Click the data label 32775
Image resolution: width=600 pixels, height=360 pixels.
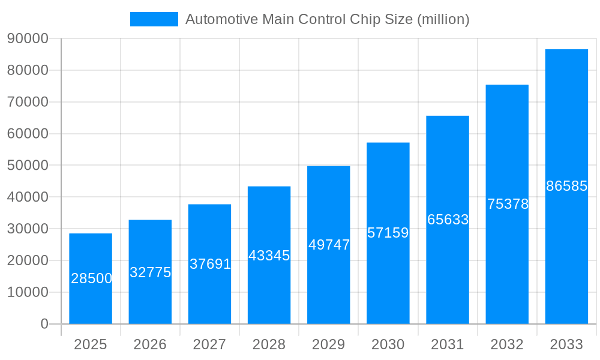coord(151,272)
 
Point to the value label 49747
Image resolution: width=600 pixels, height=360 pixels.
coord(329,245)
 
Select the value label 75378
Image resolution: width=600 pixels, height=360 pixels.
coord(508,204)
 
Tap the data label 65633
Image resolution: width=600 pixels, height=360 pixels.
coord(448,220)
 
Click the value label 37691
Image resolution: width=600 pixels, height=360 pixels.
coord(210,264)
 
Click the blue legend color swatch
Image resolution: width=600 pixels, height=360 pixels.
coord(154,19)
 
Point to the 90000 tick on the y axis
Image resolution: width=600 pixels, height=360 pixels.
coord(28,38)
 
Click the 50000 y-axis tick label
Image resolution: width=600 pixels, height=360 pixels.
coord(28,165)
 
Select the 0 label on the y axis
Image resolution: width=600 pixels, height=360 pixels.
coord(44,324)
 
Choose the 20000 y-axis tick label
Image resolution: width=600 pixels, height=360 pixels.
coord(28,260)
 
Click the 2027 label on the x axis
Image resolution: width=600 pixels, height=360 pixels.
coord(209,344)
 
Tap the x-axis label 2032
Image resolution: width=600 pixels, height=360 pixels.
coord(507,344)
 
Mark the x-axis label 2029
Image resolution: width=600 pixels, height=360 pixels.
coord(329,344)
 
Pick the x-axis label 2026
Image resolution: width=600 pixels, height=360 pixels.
coord(150,344)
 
